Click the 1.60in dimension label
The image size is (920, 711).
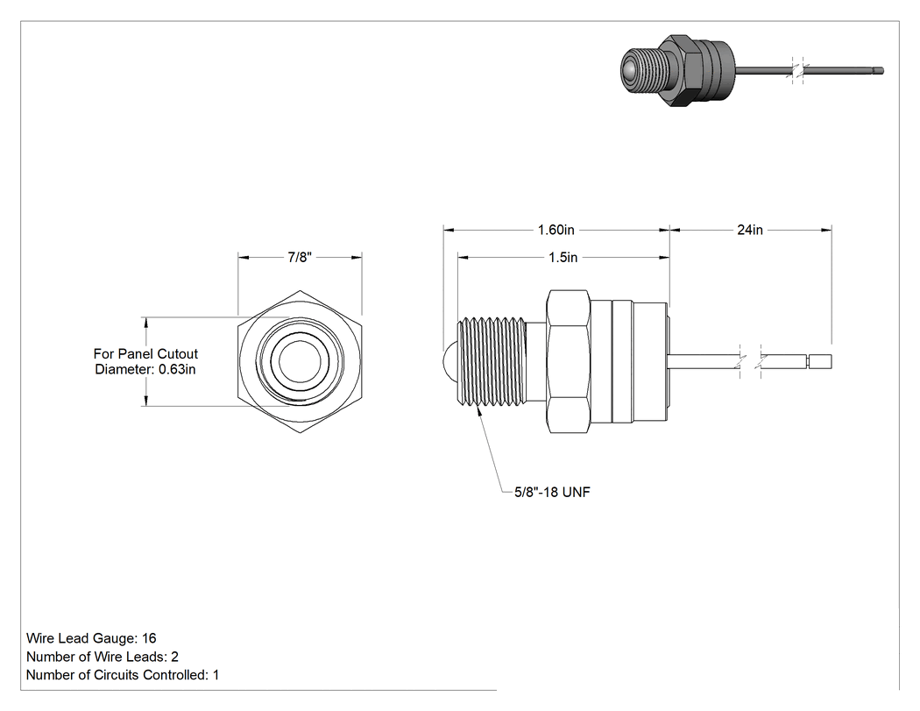click(x=556, y=230)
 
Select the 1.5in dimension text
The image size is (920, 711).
click(x=563, y=257)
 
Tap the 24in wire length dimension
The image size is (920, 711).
click(x=750, y=230)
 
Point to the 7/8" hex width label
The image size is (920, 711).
click(x=300, y=257)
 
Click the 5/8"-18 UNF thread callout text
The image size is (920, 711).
click(x=552, y=492)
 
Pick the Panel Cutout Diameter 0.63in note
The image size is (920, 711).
click(x=145, y=362)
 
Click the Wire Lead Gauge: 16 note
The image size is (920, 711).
click(x=91, y=638)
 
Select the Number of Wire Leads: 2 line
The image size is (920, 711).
click(x=103, y=657)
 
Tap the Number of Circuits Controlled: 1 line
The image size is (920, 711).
click(x=123, y=675)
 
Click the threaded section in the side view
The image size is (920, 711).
click(x=491, y=361)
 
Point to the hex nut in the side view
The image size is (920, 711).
click(x=568, y=362)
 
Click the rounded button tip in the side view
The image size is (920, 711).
click(x=450, y=357)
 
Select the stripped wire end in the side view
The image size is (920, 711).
click(x=819, y=362)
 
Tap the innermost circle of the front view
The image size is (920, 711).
click(x=300, y=362)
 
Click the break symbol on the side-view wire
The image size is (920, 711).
click(x=750, y=360)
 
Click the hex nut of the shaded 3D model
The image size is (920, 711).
click(x=681, y=70)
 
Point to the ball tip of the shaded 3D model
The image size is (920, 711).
click(x=630, y=71)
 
